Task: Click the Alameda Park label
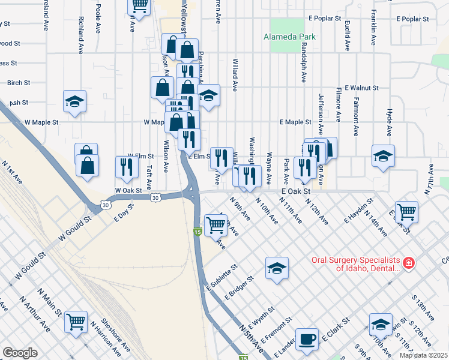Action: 289,37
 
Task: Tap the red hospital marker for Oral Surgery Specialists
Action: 408,263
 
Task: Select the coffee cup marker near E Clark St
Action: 307,338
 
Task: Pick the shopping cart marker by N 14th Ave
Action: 407,211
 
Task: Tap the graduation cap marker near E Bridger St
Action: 277,268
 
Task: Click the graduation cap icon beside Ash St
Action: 75,101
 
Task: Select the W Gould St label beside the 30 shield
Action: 74,228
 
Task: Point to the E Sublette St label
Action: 221,277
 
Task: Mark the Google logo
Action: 20,353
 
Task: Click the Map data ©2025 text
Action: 423,355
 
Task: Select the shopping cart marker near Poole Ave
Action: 139,6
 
